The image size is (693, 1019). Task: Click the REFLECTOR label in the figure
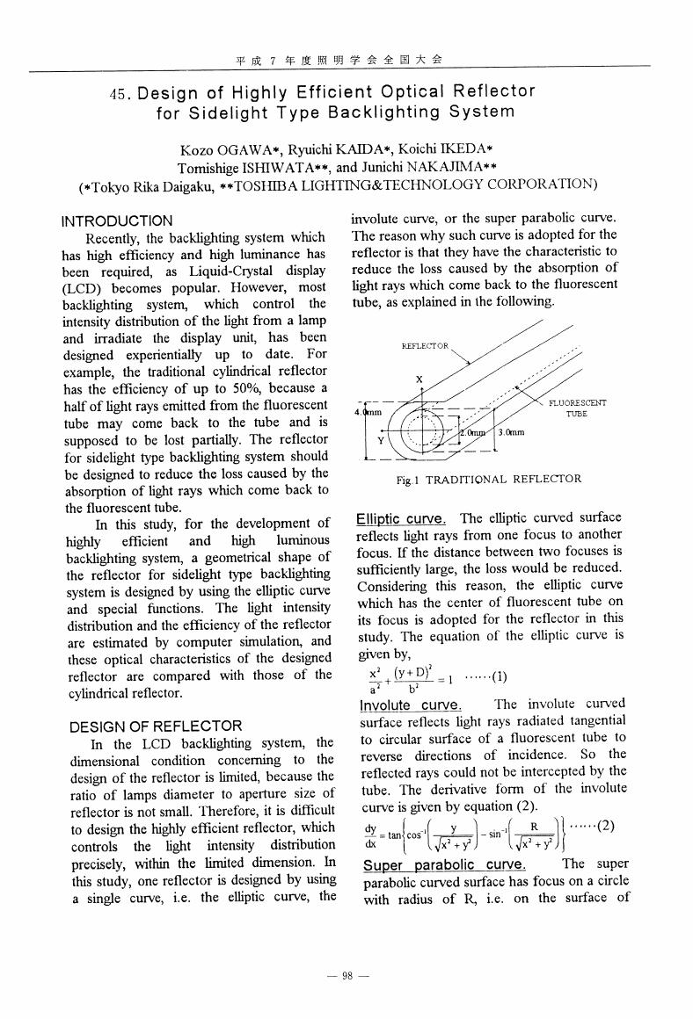426,346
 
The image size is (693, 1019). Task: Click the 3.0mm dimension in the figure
511,433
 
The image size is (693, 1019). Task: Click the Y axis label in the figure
381,442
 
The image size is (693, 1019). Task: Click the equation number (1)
493,677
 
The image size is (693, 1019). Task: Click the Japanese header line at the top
339,59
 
